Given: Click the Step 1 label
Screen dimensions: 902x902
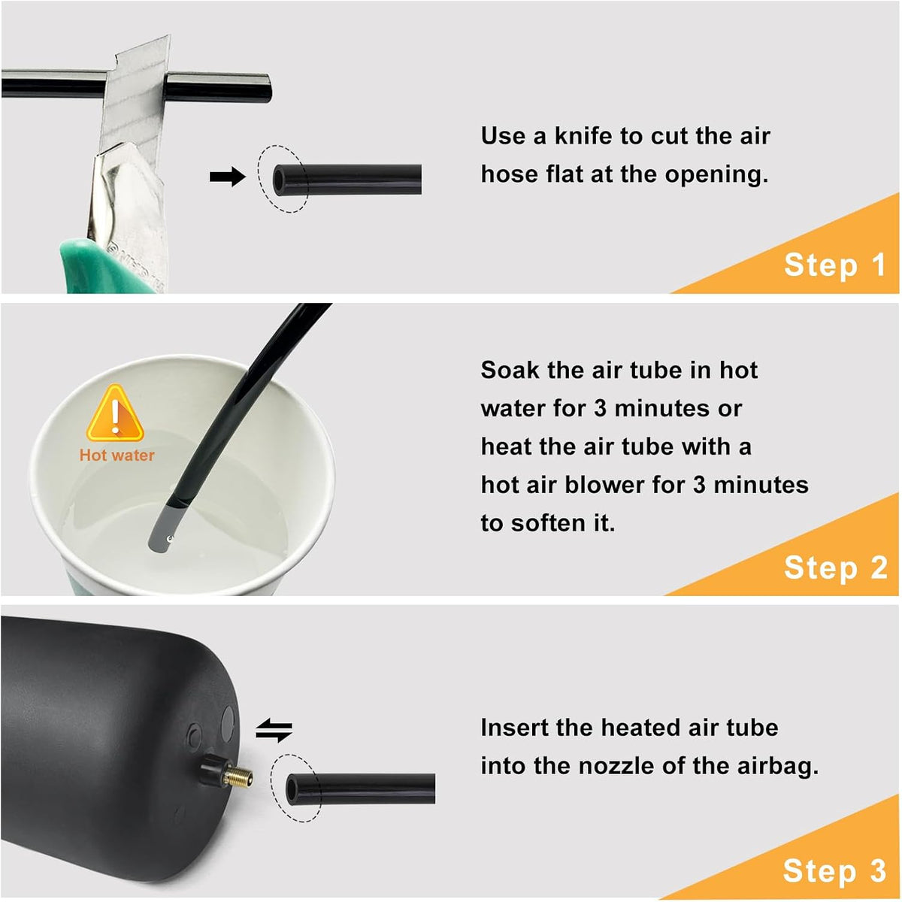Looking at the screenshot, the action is tap(834, 265).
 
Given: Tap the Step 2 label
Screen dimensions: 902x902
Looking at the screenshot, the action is tap(836, 568).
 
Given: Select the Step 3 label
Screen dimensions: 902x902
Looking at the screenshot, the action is tap(834, 870).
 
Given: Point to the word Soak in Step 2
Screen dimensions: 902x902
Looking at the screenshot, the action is tap(510, 371).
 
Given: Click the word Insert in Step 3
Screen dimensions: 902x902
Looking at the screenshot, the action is tap(513, 728).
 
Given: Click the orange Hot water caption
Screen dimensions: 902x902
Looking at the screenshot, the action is tap(117, 456).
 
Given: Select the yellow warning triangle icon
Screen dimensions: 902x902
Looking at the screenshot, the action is tap(115, 413).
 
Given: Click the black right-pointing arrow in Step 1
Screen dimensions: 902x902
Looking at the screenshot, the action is tap(227, 177).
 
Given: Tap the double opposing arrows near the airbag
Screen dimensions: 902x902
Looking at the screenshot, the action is tap(274, 730).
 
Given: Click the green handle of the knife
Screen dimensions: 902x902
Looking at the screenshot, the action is tap(107, 267).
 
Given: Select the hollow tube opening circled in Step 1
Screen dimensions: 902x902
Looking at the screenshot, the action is tap(279, 180).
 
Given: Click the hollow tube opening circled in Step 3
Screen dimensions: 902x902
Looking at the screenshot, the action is tap(292, 789).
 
